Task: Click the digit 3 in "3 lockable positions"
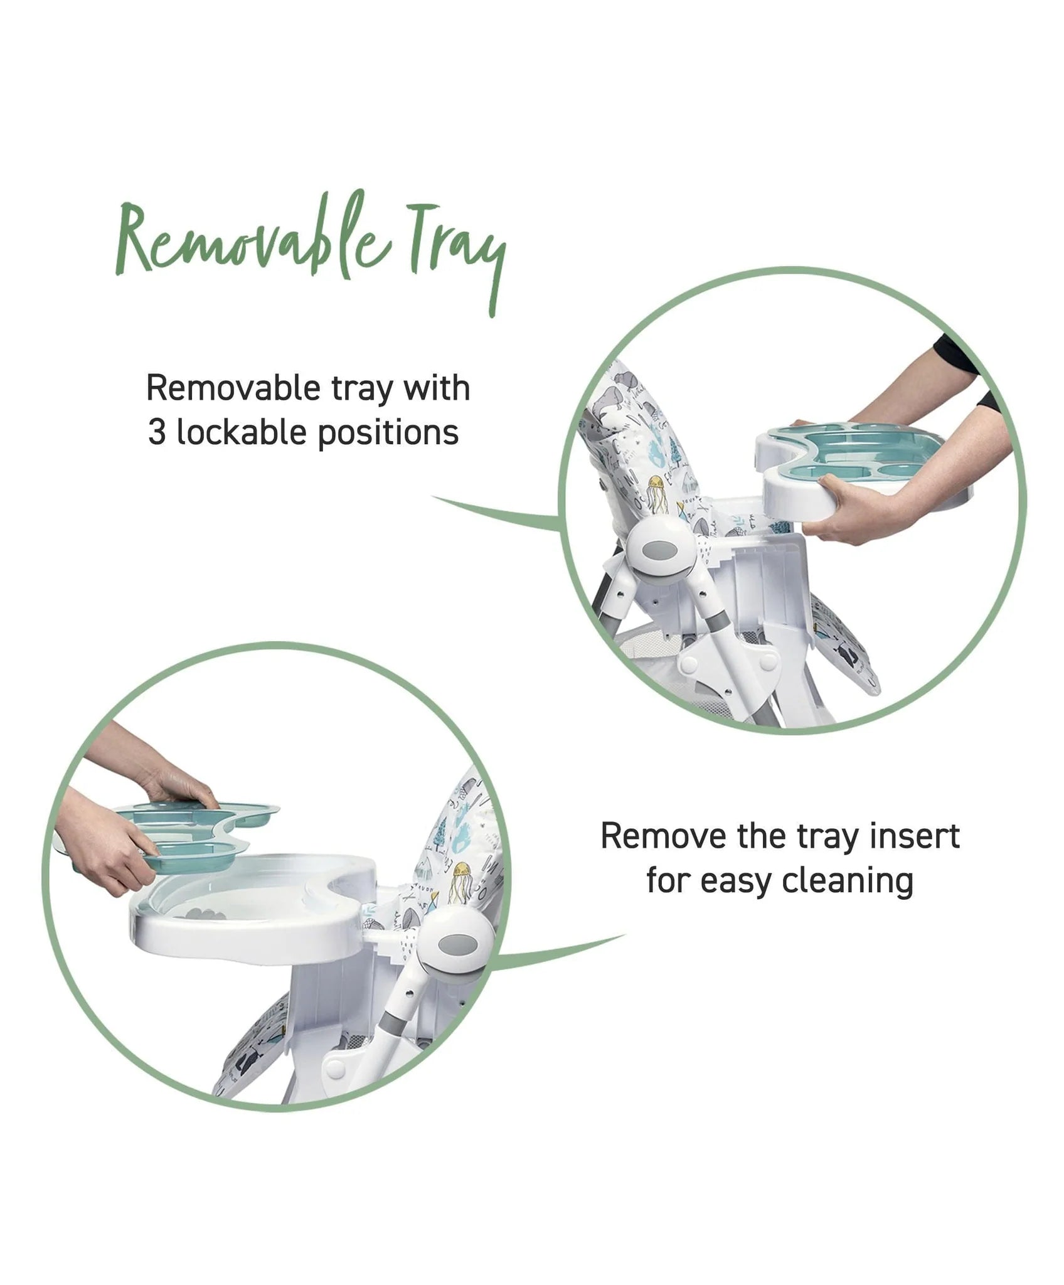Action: pos(157,433)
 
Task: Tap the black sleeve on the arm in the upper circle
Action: pos(966,364)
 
